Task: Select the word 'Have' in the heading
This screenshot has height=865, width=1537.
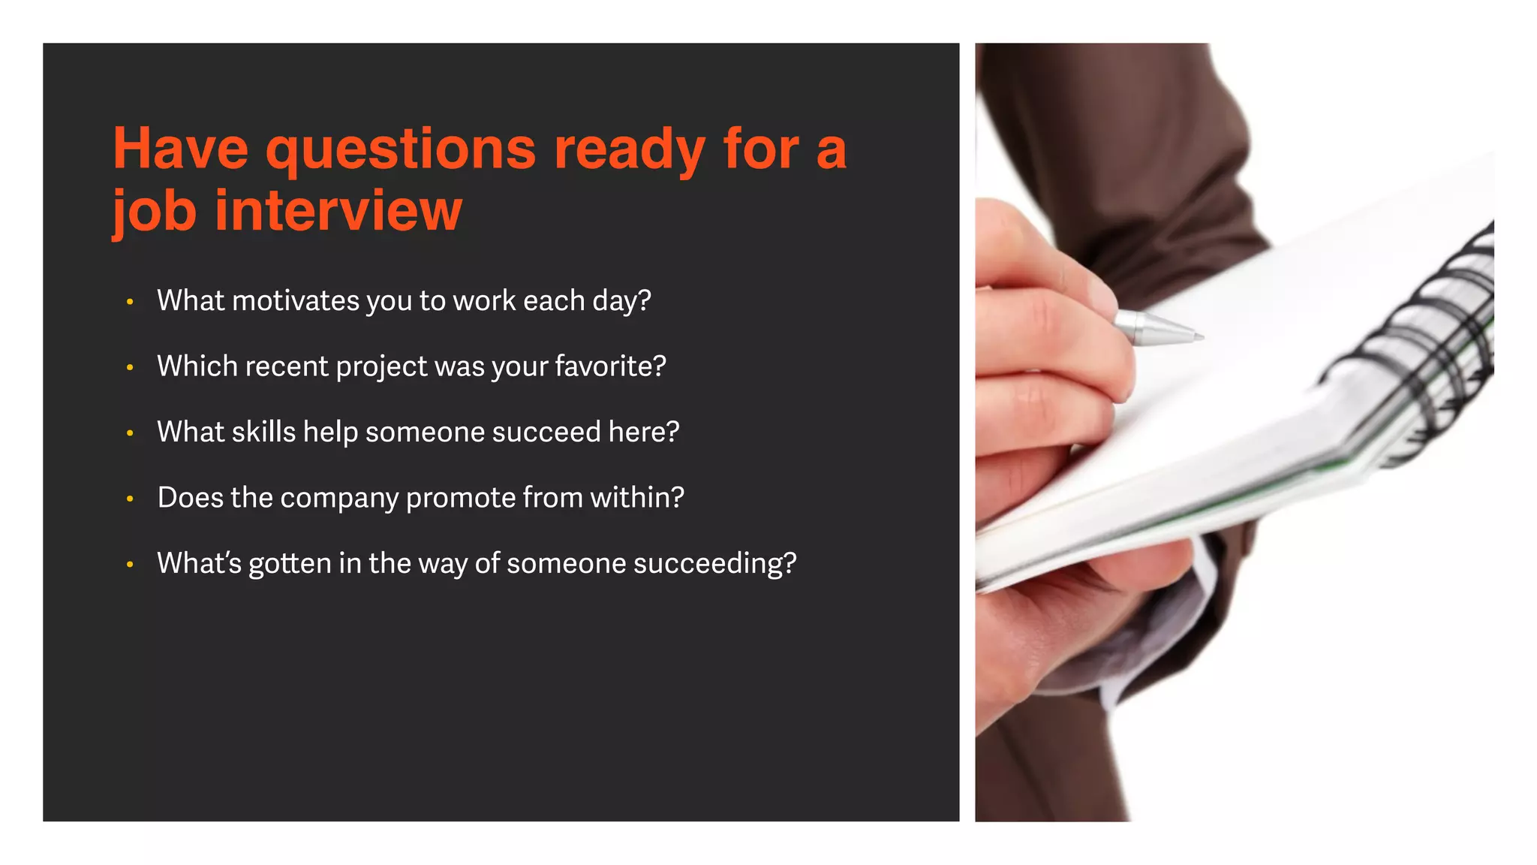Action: point(180,149)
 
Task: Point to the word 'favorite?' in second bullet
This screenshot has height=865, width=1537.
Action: point(610,366)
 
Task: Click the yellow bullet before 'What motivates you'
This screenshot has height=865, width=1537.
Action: point(130,302)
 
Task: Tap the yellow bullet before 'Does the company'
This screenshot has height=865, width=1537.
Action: point(130,499)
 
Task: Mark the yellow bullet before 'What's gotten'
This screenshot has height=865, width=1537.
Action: point(130,564)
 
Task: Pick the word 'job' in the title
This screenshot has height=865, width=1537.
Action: point(155,212)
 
